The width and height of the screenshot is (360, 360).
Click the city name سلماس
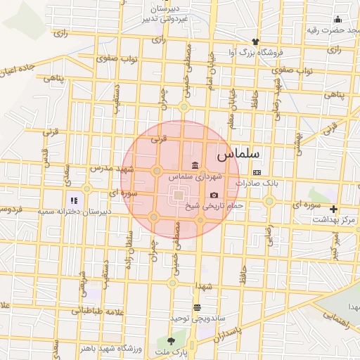click(x=238, y=153)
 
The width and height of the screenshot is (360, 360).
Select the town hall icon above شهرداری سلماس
click(x=195, y=165)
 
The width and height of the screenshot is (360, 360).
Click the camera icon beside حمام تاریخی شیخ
click(x=214, y=195)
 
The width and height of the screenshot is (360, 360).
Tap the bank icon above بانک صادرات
click(x=257, y=172)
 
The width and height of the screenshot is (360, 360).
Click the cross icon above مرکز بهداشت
click(x=333, y=209)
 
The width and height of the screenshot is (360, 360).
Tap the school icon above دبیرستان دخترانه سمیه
click(x=75, y=201)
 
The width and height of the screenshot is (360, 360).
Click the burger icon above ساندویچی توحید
click(x=197, y=307)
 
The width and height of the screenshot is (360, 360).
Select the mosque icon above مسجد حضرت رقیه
click(x=337, y=19)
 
